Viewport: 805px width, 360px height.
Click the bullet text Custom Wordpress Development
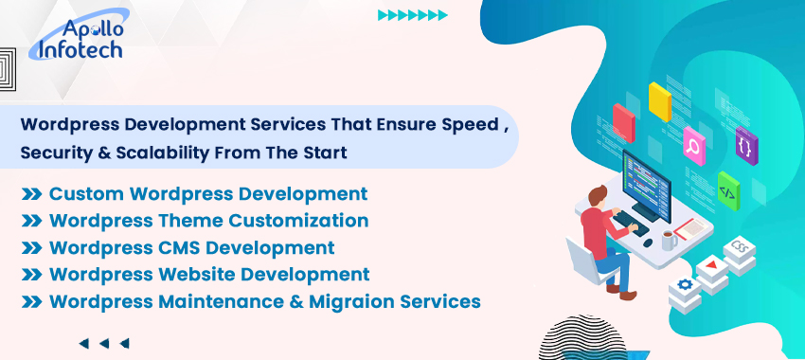click(207, 194)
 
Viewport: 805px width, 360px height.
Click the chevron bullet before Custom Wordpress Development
click(31, 194)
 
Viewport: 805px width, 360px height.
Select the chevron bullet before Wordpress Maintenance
click(31, 302)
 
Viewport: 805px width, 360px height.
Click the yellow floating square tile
click(660, 100)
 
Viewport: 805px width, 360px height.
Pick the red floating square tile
click(623, 122)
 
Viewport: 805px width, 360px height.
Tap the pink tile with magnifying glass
click(694, 147)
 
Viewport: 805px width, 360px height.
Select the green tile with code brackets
click(727, 189)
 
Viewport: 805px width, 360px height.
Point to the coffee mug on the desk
click(669, 240)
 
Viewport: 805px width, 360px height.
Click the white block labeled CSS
click(740, 253)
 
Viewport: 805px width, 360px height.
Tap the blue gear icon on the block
click(683, 284)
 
